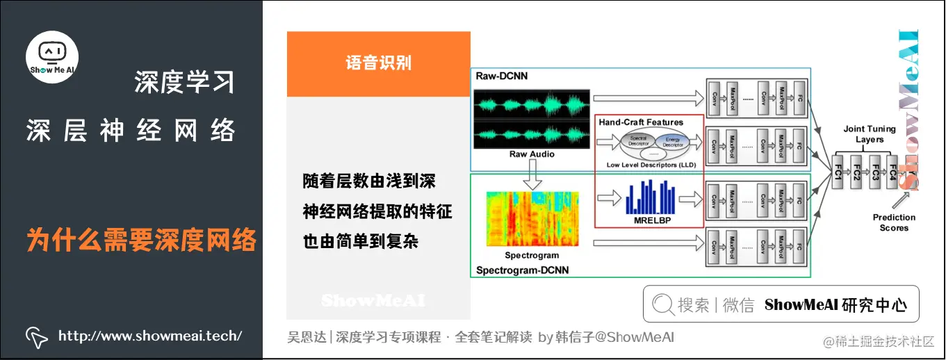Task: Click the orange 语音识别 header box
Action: point(378,63)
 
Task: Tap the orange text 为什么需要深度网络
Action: point(142,240)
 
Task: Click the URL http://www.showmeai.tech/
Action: point(150,336)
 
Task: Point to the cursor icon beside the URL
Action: point(36,337)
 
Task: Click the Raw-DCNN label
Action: point(501,76)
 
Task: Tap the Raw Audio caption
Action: point(532,154)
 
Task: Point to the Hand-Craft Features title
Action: point(641,122)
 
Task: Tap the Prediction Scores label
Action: point(894,222)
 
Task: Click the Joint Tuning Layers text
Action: point(870,134)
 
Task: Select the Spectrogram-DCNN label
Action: point(521,269)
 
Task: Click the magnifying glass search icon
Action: point(662,304)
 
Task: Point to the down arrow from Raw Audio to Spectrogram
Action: point(532,177)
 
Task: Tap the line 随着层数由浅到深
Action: point(369,182)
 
